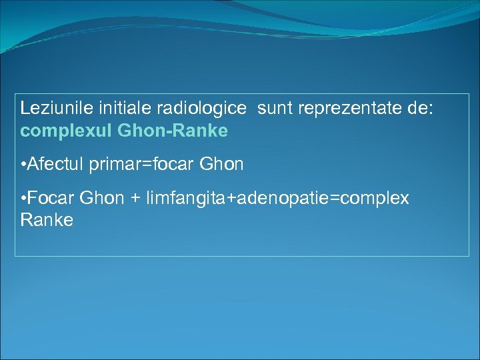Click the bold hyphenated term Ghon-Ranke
click(x=172, y=131)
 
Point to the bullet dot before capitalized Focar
click(x=23, y=199)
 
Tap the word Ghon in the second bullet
click(x=101, y=199)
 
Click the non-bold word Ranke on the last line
click(x=47, y=220)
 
